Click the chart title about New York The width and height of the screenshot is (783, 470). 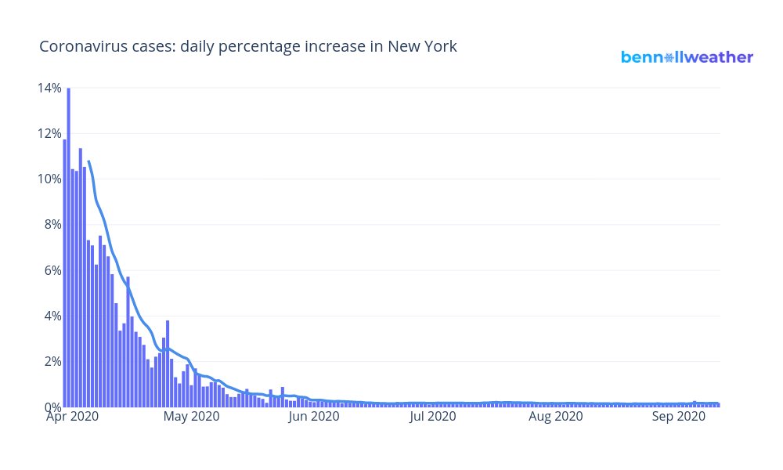pyautogui.click(x=248, y=47)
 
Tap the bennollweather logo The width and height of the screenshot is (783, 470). pyautogui.click(x=687, y=57)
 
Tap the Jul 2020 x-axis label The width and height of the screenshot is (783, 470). pyautogui.click(x=433, y=418)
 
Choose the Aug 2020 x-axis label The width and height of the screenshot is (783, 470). pyautogui.click(x=556, y=418)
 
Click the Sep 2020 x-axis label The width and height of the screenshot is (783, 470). pyautogui.click(x=679, y=418)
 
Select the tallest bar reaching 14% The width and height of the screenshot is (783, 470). pyautogui.click(x=69, y=251)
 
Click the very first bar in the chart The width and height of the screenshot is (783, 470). pyautogui.click(x=65, y=274)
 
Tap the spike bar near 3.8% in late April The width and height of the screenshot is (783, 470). pyautogui.click(x=168, y=364)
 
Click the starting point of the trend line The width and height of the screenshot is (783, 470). pyautogui.click(x=88, y=161)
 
